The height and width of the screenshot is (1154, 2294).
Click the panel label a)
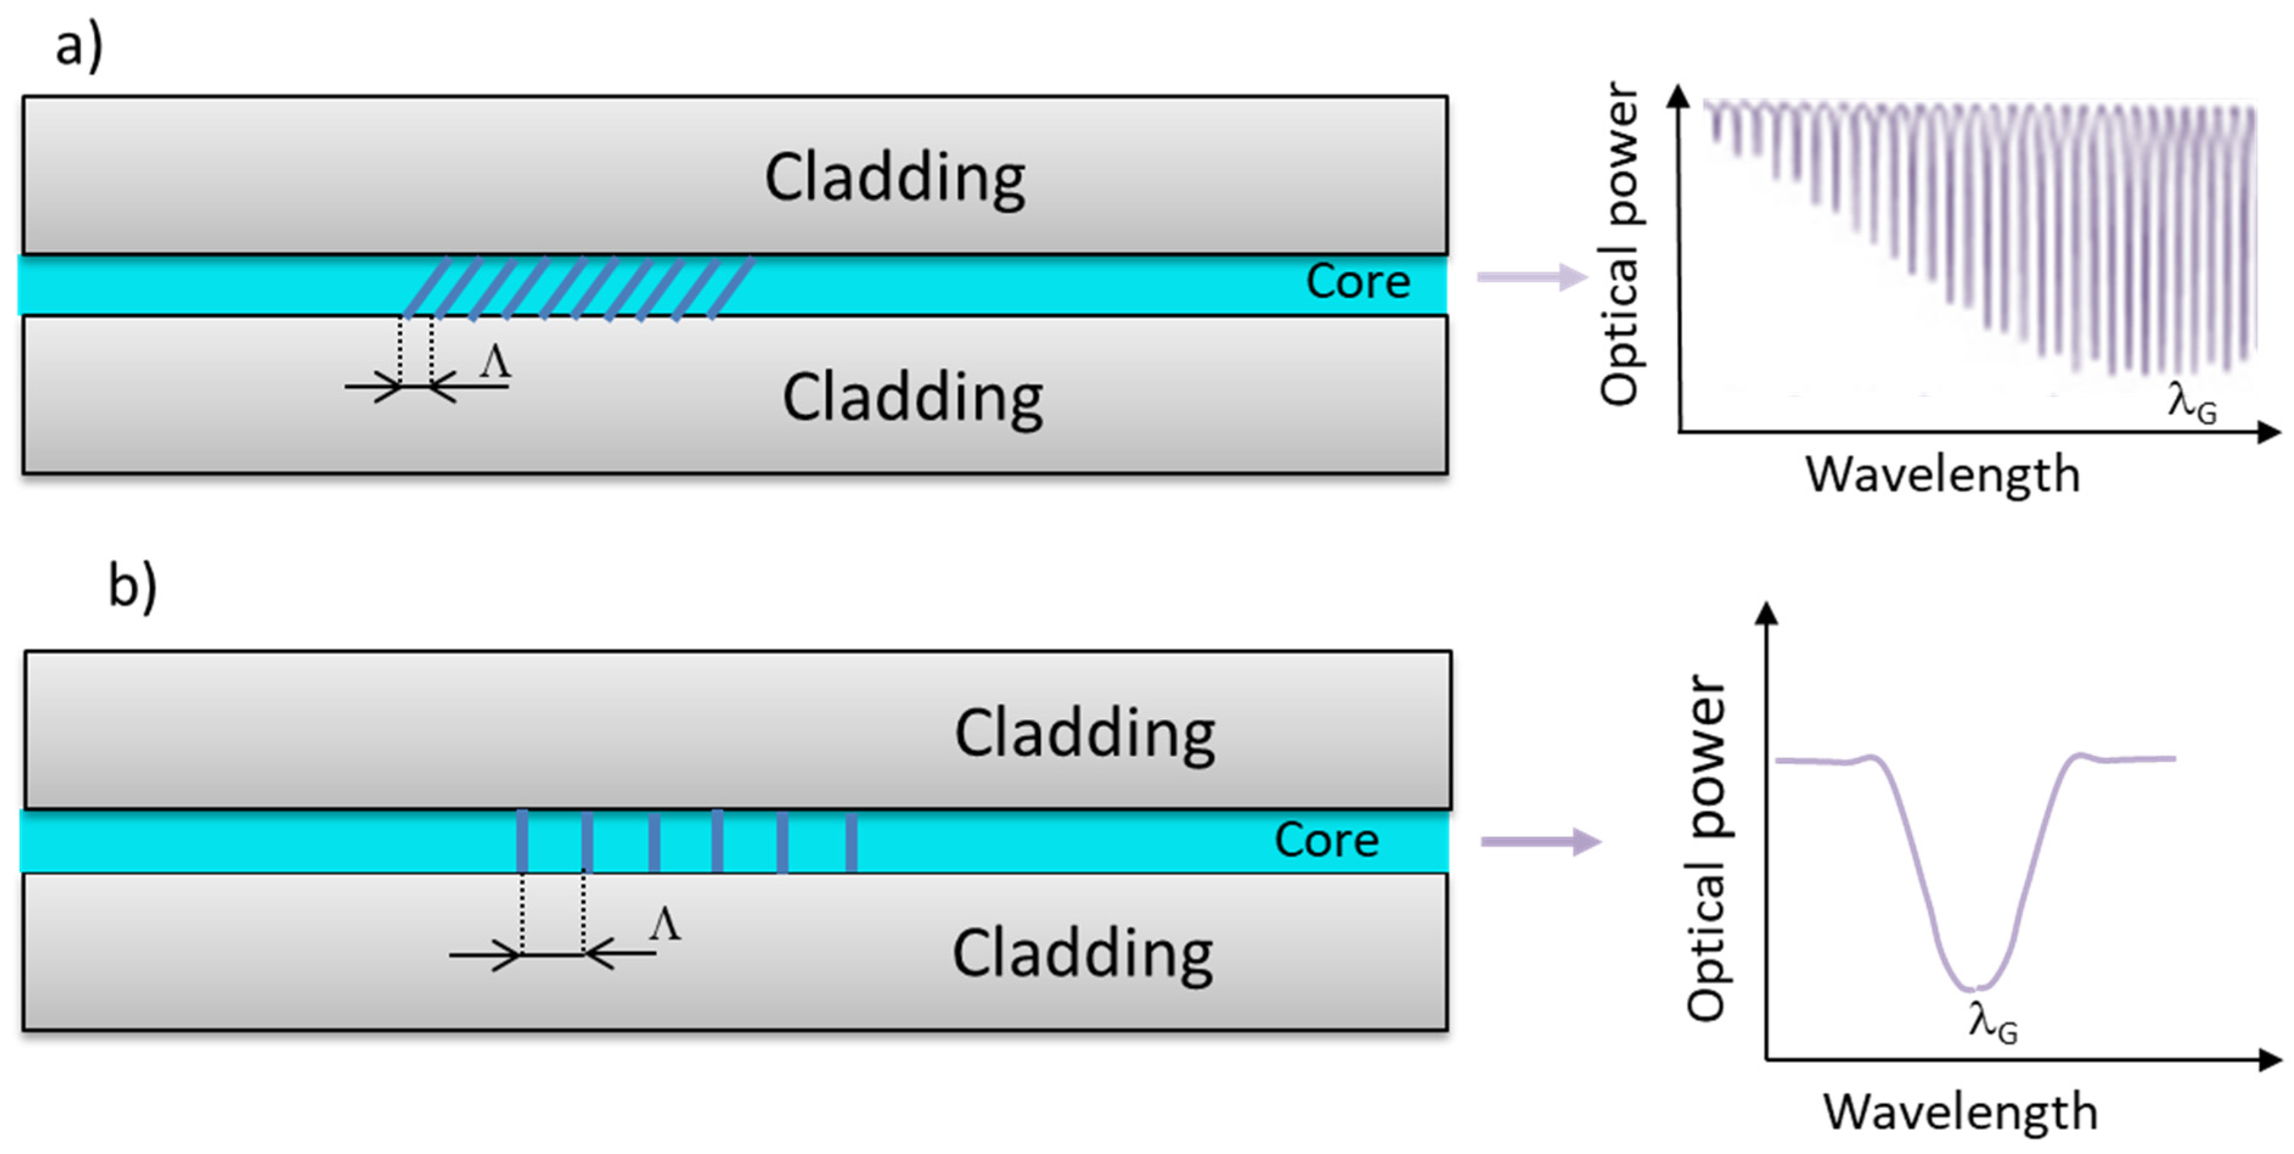click(78, 46)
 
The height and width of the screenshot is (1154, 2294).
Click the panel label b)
click(132, 586)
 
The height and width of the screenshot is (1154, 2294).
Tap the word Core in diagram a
click(1357, 282)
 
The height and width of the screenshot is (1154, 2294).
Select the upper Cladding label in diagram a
click(894, 179)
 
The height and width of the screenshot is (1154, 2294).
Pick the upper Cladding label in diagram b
click(1084, 734)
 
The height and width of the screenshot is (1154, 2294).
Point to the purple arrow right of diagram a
click(1532, 277)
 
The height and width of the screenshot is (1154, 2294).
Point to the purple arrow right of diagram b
click(1541, 841)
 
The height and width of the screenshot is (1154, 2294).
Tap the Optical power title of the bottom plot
click(1707, 848)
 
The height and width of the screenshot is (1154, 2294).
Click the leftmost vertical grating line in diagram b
click(522, 840)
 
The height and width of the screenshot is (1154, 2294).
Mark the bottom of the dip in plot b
click(1975, 989)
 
